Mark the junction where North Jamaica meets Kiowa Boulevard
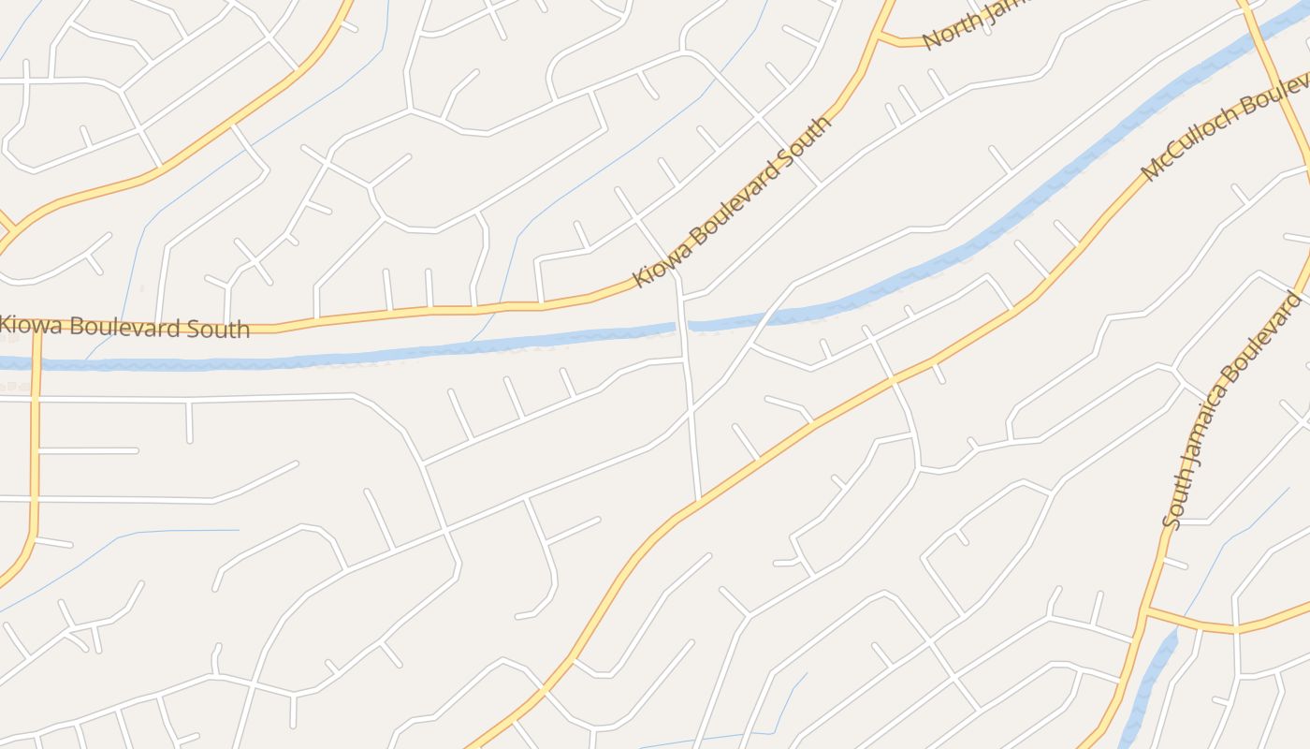click(880, 38)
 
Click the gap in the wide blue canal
click(682, 325)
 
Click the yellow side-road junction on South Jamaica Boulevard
click(1147, 609)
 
